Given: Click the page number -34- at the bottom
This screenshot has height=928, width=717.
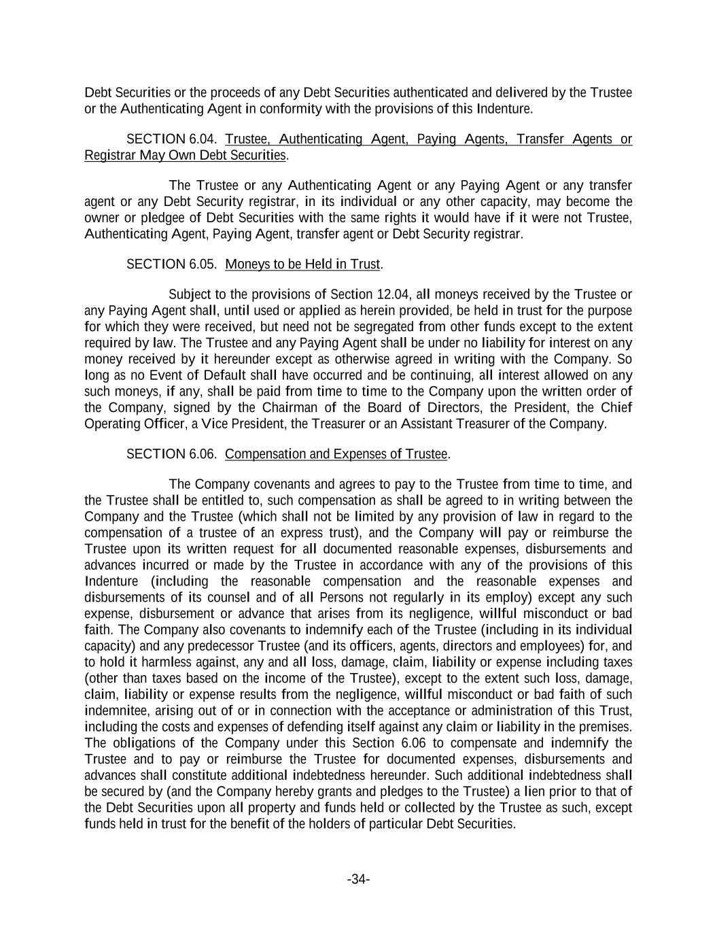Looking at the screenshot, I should pyautogui.click(x=358, y=880).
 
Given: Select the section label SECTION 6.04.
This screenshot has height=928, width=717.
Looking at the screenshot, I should pyautogui.click(x=172, y=139).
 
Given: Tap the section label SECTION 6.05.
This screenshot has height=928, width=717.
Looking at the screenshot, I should pyautogui.click(x=172, y=264).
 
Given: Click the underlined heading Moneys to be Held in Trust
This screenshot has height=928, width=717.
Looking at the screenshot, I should pyautogui.click(x=302, y=264).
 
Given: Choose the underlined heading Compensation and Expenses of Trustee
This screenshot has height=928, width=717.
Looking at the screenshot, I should pyautogui.click(x=336, y=453).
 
